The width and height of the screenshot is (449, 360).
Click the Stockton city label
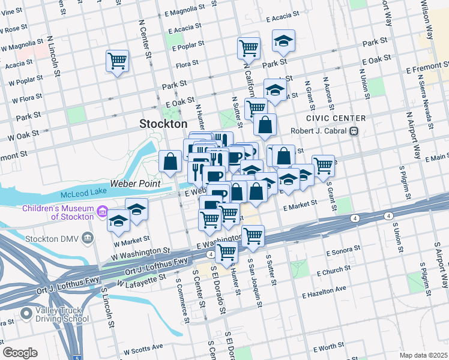(x=163, y=124)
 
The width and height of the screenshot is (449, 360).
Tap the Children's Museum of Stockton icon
(x=102, y=212)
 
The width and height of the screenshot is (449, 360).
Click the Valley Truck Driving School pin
(x=26, y=313)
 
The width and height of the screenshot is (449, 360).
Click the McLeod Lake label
(x=82, y=195)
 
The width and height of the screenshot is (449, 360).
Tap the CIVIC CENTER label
(x=327, y=118)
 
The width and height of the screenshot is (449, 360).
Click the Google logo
(x=19, y=353)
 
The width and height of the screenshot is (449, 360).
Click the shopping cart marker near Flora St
(x=118, y=60)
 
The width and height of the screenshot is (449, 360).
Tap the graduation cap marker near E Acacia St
(x=283, y=41)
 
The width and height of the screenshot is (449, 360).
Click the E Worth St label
(x=328, y=347)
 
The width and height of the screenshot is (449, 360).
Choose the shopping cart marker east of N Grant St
(x=323, y=164)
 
